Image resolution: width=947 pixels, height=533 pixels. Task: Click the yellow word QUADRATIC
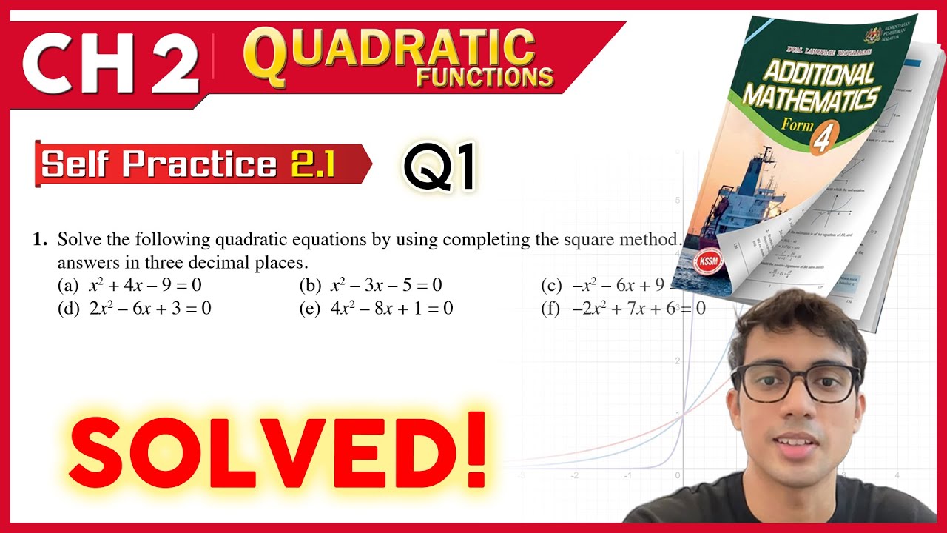(390, 50)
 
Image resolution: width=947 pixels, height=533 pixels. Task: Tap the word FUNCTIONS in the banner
(485, 76)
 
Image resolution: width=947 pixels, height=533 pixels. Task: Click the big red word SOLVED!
(280, 449)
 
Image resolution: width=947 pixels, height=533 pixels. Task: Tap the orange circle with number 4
(819, 140)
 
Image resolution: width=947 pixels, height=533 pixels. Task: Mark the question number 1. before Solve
(40, 239)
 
